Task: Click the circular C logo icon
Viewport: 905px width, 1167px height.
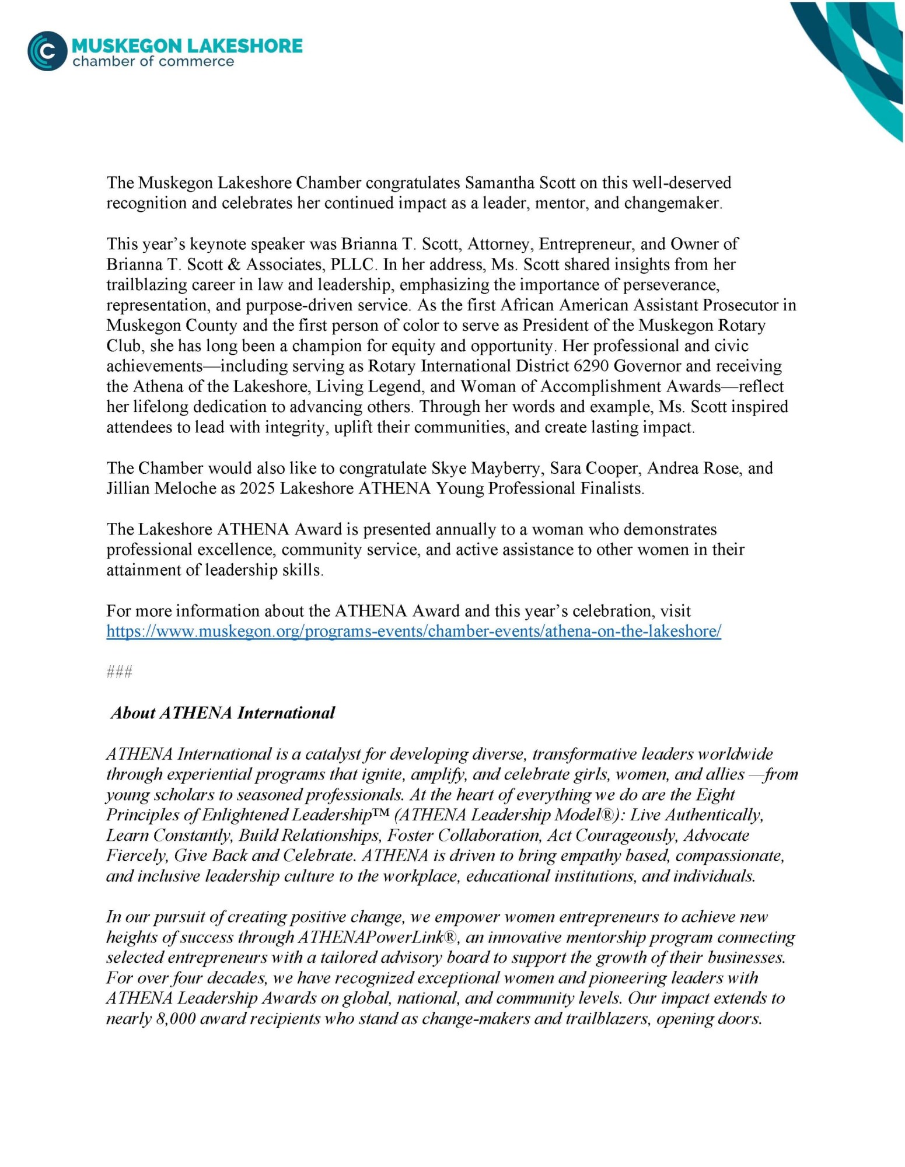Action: coord(47,51)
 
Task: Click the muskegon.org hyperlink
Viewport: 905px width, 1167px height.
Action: coord(414,631)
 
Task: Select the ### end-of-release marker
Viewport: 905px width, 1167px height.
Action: coord(120,672)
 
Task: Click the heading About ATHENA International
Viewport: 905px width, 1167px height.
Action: coord(223,713)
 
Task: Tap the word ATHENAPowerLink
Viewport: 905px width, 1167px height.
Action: coord(369,937)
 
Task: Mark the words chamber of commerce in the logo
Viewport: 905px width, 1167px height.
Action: coord(153,62)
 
